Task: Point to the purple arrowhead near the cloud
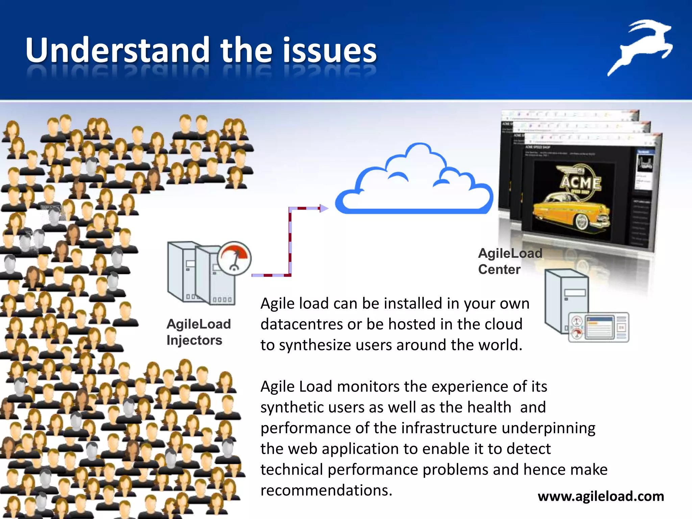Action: pos(324,208)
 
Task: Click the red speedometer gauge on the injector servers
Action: pos(234,258)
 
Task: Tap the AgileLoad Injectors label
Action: pos(198,332)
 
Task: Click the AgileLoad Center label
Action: pos(510,261)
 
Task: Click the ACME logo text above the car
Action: pos(581,182)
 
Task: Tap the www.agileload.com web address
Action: pos(601,496)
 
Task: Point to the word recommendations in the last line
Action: pos(326,490)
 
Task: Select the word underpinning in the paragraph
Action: pos(548,428)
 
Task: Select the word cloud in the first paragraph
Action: pos(503,324)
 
